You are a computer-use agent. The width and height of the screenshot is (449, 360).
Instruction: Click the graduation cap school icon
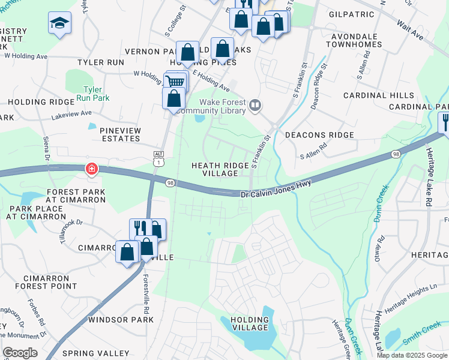(59, 23)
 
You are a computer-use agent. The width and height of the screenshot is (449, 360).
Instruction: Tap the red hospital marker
(91, 170)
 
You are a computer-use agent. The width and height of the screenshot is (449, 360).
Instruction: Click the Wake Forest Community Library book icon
(256, 106)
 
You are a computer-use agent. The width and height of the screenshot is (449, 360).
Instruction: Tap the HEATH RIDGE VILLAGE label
(215, 169)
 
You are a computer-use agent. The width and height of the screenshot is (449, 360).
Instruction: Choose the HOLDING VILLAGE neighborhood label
(249, 323)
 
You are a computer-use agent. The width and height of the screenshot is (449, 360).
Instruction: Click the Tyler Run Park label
(95, 94)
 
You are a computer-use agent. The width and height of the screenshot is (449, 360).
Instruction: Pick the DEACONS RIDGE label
(319, 135)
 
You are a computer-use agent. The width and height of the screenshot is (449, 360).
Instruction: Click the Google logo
(20, 353)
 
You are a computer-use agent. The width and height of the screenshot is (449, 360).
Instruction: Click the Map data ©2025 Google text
(412, 355)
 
